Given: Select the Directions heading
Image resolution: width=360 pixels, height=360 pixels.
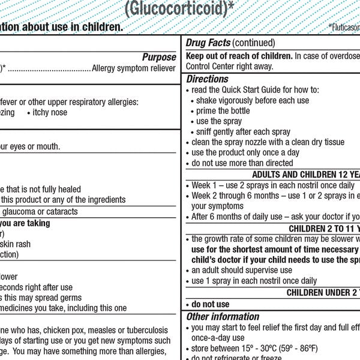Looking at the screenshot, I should tap(207, 79).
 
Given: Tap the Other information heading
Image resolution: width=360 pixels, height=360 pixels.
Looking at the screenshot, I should tap(223, 316).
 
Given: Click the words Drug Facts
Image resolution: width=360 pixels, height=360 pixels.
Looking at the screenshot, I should tap(207, 43).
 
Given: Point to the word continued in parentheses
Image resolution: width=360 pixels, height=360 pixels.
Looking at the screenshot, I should tap(253, 43).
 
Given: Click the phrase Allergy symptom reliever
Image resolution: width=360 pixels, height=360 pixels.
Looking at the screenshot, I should tap(135, 68).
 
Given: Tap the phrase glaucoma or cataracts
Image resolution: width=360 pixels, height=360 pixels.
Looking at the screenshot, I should tap(40, 211).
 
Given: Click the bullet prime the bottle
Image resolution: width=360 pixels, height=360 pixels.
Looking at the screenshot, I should tap(223, 110).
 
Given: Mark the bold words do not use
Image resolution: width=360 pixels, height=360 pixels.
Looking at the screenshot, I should tap(210, 304).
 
